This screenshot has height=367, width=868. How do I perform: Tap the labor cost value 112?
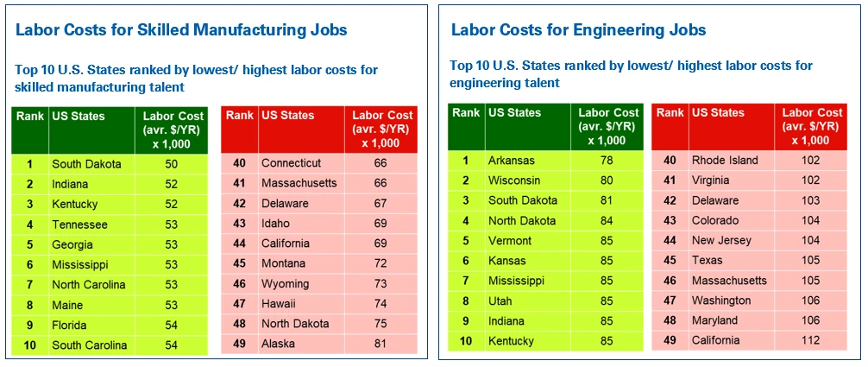click(x=812, y=340)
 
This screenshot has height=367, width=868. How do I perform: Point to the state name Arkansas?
click(x=512, y=161)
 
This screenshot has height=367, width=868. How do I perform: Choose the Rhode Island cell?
click(x=725, y=161)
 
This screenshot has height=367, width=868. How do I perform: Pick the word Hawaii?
click(x=278, y=304)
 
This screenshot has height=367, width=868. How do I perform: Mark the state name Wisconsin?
click(x=514, y=180)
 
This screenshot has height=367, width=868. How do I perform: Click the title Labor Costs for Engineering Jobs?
click(x=578, y=30)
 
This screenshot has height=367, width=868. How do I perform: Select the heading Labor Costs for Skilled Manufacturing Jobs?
click(x=181, y=30)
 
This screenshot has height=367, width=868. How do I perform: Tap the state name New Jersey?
click(x=721, y=241)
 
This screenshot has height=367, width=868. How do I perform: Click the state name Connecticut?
click(x=291, y=163)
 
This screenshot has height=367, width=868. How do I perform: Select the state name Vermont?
click(x=510, y=241)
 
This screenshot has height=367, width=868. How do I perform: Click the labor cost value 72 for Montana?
click(x=381, y=263)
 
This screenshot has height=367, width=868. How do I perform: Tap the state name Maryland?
click(x=714, y=320)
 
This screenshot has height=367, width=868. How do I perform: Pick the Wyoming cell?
click(x=285, y=284)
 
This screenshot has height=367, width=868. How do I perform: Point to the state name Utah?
click(x=500, y=301)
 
